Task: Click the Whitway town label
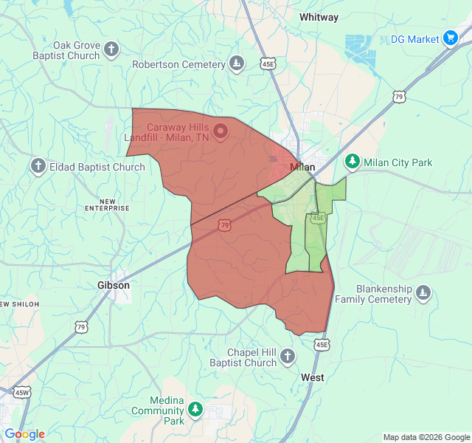pos(319,17)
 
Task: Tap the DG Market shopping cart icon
pos(451,38)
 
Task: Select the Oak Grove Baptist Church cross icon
pos(111,50)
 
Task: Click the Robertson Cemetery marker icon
pos(236,64)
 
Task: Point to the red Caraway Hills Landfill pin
pos(221,131)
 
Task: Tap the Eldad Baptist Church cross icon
pos(38,167)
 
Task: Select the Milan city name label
pos(302,167)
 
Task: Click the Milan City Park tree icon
pos(353,162)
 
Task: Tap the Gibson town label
pos(114,285)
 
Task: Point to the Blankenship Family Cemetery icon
pos(423,293)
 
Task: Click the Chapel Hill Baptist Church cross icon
pos(288,357)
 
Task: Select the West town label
pos(313,377)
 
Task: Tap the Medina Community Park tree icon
pos(195,408)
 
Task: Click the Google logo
pos(24,434)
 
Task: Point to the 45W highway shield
pos(22,392)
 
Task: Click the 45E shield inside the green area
pos(318,218)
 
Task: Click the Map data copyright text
pos(425,437)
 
